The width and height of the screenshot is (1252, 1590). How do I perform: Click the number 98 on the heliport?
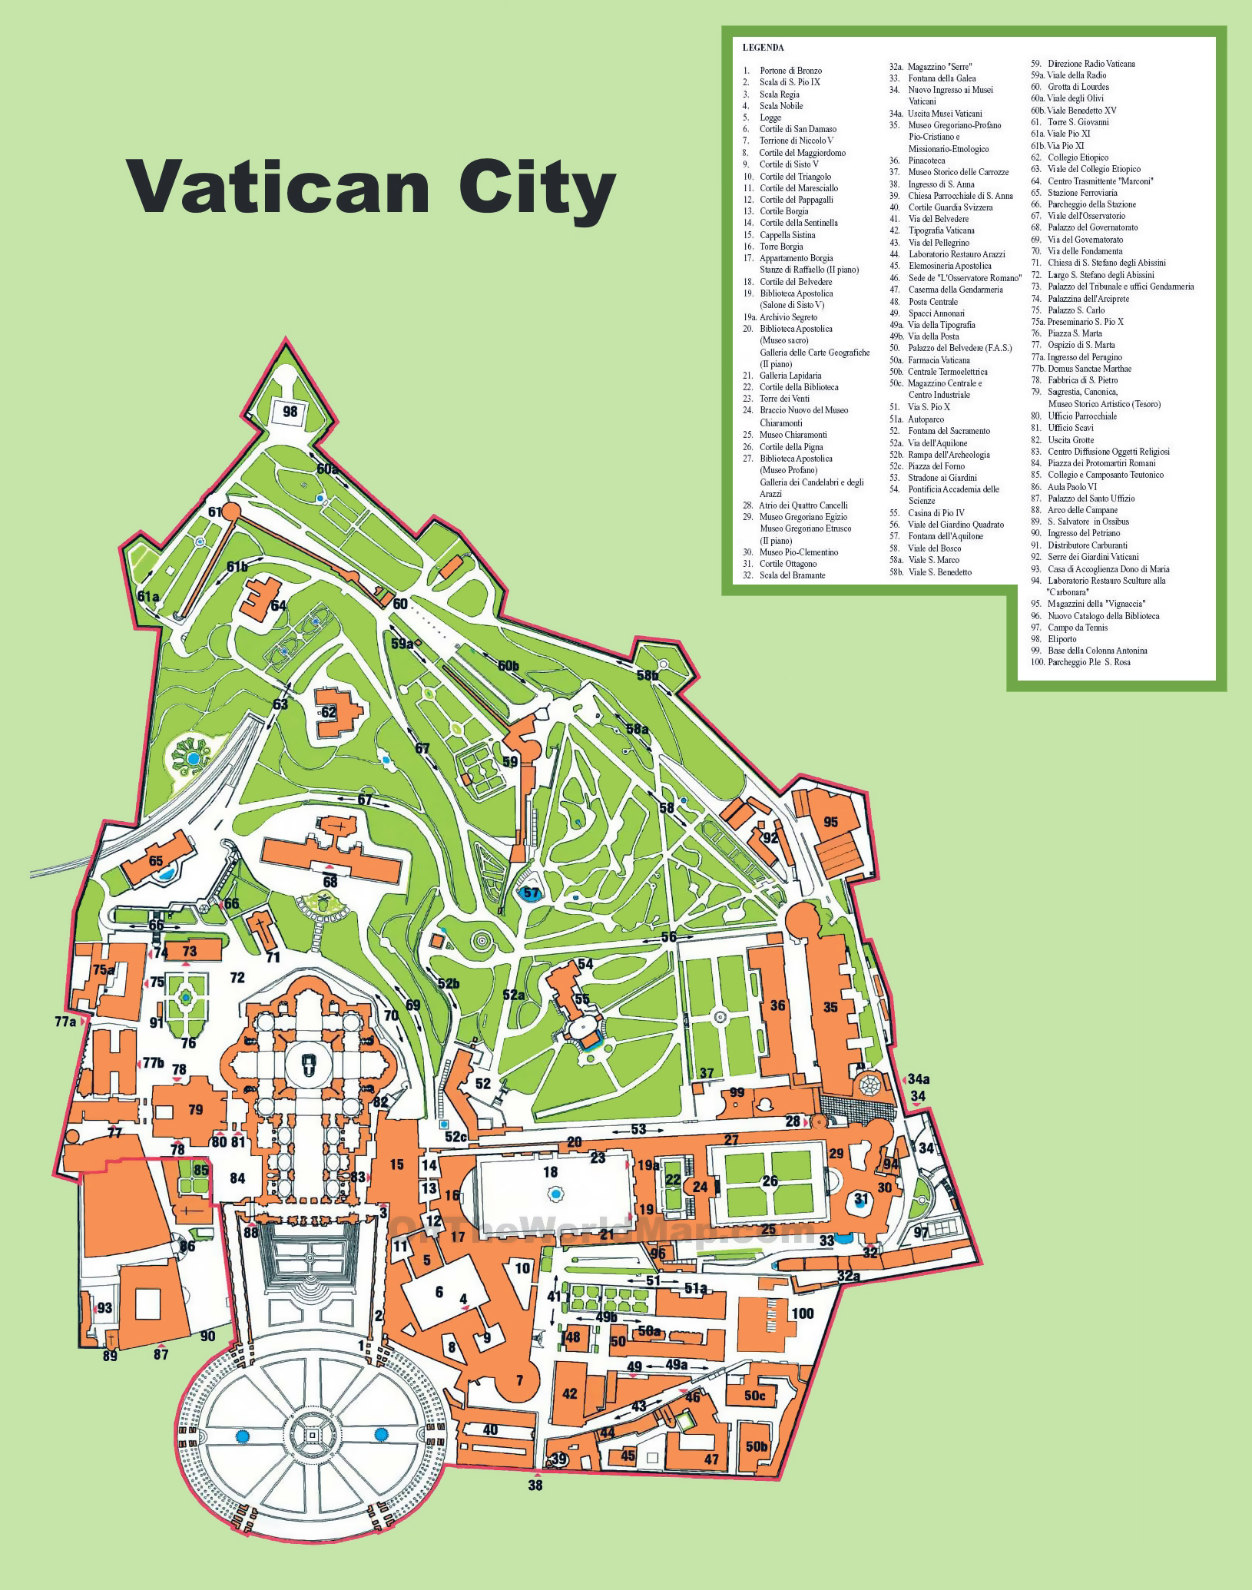coord(290,411)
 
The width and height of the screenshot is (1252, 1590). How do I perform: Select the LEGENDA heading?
coord(763,48)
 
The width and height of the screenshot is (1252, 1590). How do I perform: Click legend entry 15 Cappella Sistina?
coord(787,235)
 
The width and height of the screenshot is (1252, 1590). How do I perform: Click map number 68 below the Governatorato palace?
coord(330,882)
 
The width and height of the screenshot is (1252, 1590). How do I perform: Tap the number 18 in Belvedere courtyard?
coord(550,1171)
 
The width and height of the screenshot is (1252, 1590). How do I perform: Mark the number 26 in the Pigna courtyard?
coord(770,1181)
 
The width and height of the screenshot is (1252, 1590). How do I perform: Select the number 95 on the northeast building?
coord(830,822)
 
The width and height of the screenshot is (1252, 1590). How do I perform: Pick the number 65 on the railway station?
coord(156,860)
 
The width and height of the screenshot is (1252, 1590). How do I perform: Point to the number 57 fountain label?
coord(531,893)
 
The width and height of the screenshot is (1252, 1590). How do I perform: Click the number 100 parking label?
coord(802,1313)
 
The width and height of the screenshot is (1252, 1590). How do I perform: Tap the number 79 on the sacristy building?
coord(196,1109)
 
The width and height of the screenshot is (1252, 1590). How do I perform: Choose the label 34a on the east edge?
coord(919,1079)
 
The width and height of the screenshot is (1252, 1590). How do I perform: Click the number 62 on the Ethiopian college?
coord(329,712)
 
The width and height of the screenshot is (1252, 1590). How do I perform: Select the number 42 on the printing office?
coord(569,1393)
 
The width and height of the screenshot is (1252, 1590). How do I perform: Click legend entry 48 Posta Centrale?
coord(932,302)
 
